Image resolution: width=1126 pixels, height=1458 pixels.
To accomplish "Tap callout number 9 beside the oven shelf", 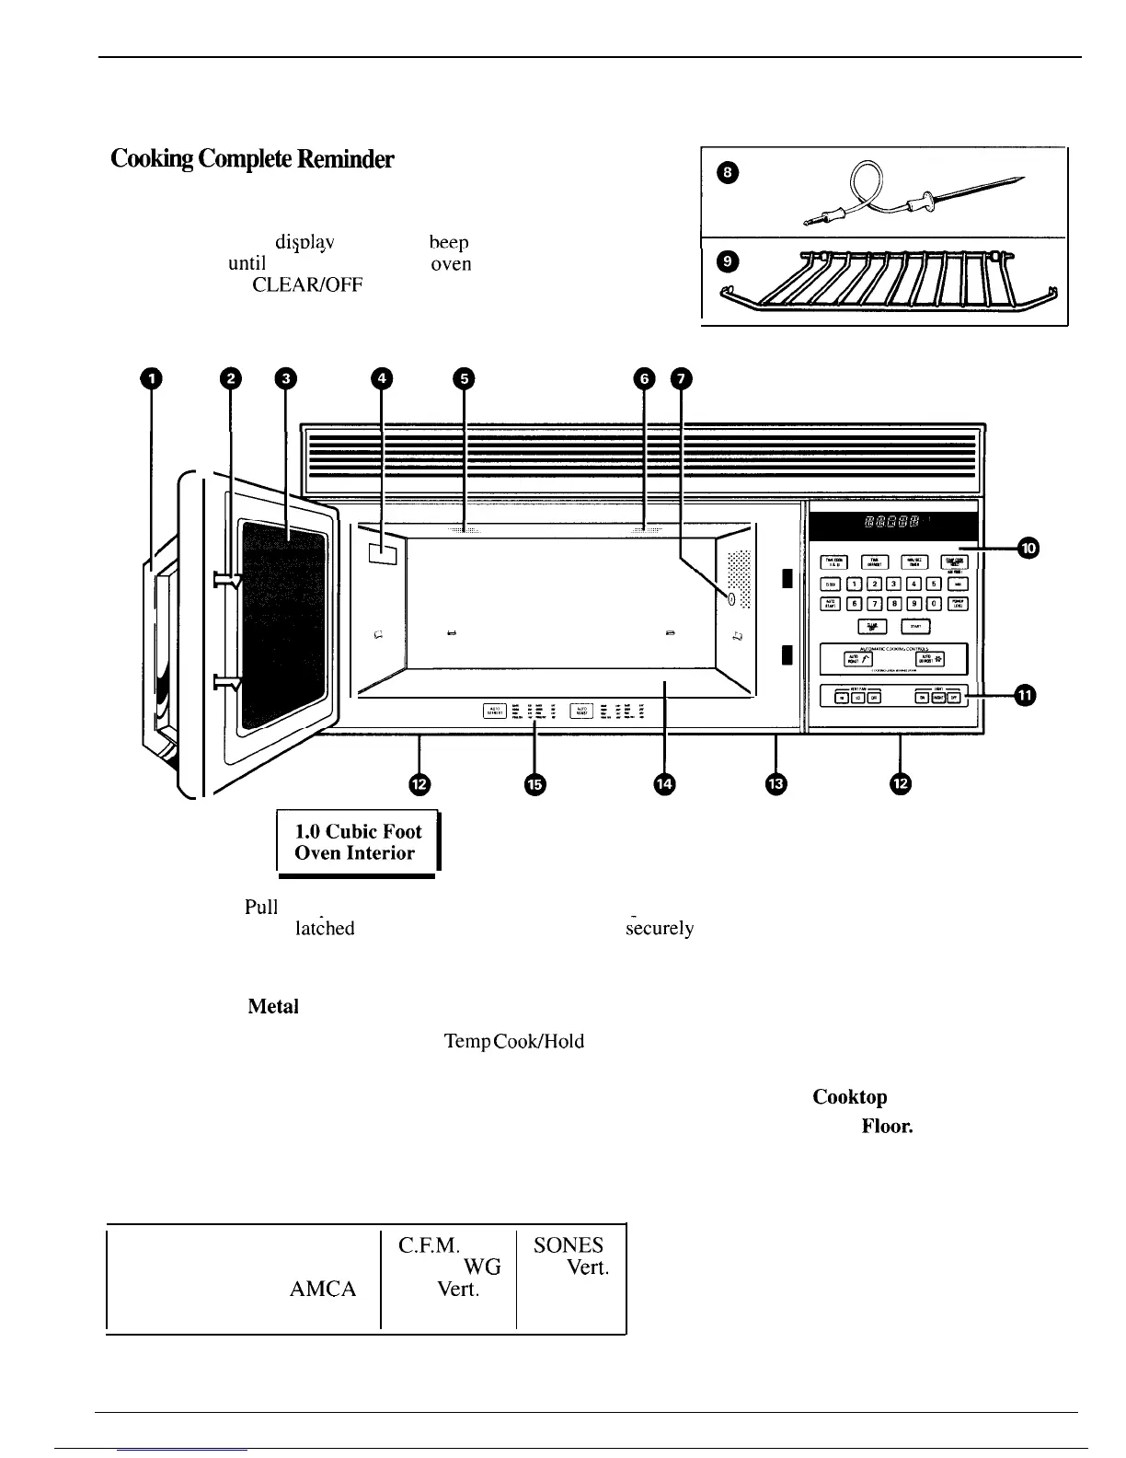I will [x=727, y=261].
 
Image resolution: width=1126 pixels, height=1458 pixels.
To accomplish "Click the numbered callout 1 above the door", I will [x=150, y=377].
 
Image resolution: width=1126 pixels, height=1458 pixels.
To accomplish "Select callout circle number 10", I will [x=1028, y=549].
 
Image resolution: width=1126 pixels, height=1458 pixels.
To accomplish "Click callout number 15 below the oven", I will [x=534, y=783].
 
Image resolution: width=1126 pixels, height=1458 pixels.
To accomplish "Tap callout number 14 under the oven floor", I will [x=664, y=783].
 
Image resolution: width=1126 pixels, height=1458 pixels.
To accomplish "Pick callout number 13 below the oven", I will [x=776, y=783].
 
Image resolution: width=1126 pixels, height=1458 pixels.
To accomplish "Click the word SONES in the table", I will [x=569, y=1245].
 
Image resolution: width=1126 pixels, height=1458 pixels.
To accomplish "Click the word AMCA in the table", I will [x=323, y=1289].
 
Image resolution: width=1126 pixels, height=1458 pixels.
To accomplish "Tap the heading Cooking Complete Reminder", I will [x=252, y=159].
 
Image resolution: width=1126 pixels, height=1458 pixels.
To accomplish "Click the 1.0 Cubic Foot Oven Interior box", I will [x=357, y=841].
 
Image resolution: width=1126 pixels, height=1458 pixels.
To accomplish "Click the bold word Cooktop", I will [x=850, y=1097].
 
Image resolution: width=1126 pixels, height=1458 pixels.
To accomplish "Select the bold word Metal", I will [x=273, y=1007].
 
